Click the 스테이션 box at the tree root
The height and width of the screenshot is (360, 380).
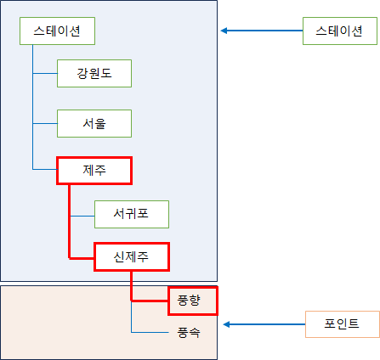[x=57, y=31]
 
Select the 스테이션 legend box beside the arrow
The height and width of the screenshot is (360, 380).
[x=340, y=31]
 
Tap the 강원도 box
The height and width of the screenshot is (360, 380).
[x=94, y=73]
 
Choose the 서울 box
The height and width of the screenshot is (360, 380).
[x=94, y=123]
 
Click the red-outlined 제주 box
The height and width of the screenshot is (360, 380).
[x=94, y=171]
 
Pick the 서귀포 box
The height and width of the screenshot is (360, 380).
[x=132, y=214]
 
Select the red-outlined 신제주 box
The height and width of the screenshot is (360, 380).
[x=132, y=256]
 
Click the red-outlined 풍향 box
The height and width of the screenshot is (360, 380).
[x=193, y=301]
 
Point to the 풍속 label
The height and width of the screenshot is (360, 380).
[x=189, y=332]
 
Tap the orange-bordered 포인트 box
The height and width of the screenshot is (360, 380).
[x=343, y=324]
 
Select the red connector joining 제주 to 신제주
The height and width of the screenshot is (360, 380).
[x=70, y=222]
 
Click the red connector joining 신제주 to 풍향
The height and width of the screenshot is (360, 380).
[x=131, y=286]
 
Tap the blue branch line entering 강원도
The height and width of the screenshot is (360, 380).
[x=45, y=73]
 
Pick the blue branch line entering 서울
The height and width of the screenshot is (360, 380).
[x=45, y=123]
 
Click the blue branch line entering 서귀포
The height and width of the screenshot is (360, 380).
[x=82, y=216]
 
